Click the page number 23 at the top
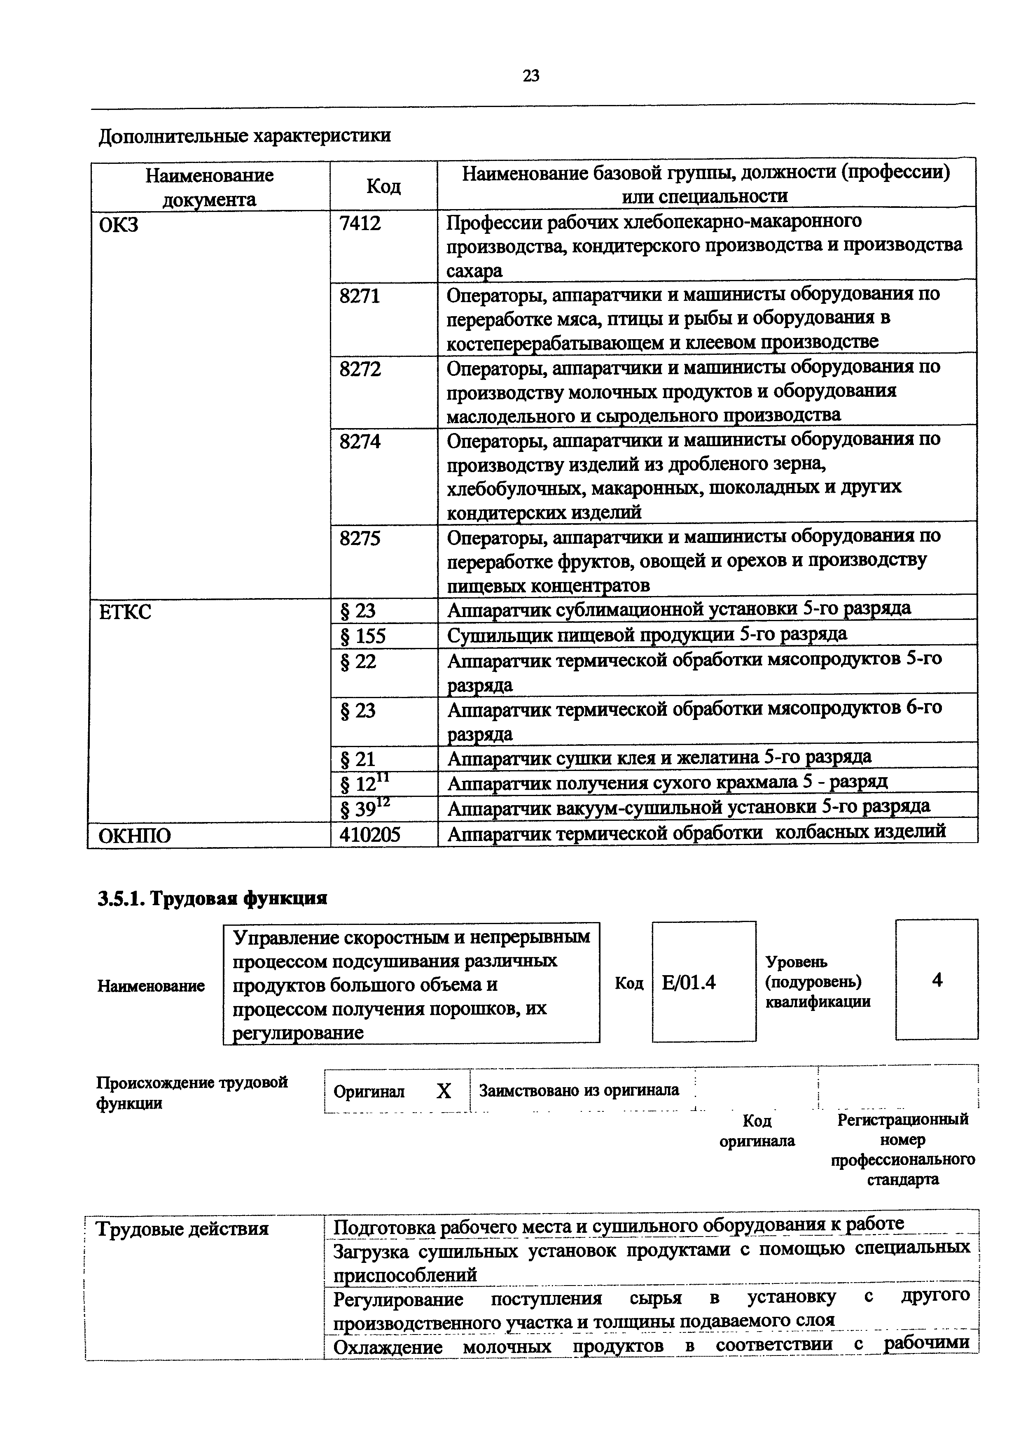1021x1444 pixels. (x=530, y=76)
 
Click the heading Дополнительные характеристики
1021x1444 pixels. (x=245, y=136)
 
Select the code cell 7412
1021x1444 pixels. (x=360, y=223)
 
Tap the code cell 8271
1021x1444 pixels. (x=360, y=296)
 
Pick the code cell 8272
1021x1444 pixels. (x=360, y=368)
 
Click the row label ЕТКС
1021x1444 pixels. (x=125, y=611)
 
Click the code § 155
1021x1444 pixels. (x=362, y=636)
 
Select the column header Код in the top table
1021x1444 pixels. (x=383, y=186)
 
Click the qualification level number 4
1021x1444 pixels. (x=937, y=980)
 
